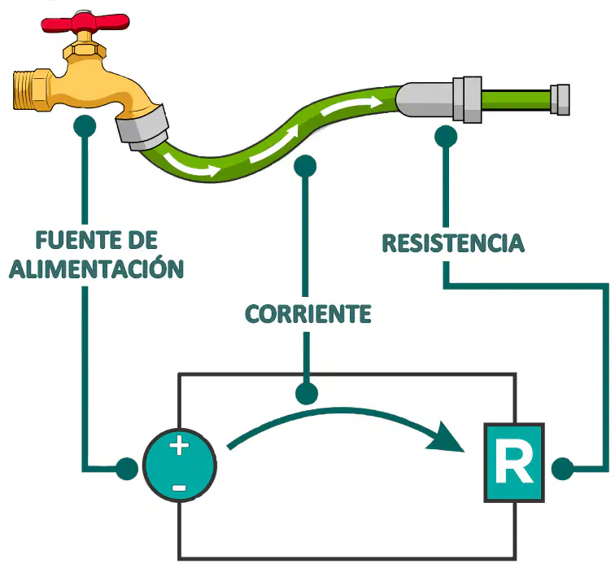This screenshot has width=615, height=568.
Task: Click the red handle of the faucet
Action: pos(85,23)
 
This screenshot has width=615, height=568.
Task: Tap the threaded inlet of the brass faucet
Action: pos(24,90)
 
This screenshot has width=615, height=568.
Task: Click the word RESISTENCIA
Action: pos(453,242)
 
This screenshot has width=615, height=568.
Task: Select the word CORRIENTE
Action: pos(307,313)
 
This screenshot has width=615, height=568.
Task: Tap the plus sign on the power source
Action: pos(179,446)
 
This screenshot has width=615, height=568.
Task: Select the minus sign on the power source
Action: pos(179,488)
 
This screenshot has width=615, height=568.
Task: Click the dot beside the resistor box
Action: pos(562,469)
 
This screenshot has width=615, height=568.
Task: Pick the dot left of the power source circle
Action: pos(127,469)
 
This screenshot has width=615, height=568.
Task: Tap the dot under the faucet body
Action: pos(85,126)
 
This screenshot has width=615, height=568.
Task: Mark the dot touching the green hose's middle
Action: pos(305,166)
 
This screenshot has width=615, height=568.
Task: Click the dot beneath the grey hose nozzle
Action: pos(446,137)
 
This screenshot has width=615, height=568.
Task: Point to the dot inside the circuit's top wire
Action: pos(307,393)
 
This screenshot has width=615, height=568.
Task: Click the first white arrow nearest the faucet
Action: pos(191,166)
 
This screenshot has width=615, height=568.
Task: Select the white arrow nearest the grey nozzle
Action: pos(351,106)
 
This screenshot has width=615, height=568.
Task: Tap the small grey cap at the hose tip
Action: pos(560,99)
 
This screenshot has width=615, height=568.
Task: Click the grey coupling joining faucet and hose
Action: pos(142,128)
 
